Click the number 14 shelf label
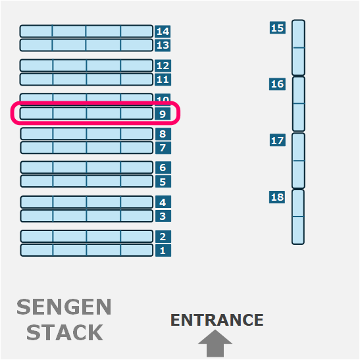click(163, 31)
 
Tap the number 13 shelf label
click(163, 45)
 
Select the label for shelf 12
click(163, 66)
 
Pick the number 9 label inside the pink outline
click(163, 114)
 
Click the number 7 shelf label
click(163, 147)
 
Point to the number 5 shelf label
click(163, 182)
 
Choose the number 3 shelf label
click(163, 216)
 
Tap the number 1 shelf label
click(163, 250)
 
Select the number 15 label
click(277, 28)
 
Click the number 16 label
click(277, 84)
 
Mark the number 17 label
click(277, 140)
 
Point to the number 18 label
click(277, 197)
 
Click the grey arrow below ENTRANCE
click(215, 344)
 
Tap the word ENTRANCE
click(217, 320)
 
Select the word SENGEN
click(64, 307)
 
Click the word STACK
click(64, 332)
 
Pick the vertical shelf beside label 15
click(298, 47)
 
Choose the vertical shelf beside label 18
click(298, 217)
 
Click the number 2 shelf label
click(163, 236)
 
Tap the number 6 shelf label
click(163, 168)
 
